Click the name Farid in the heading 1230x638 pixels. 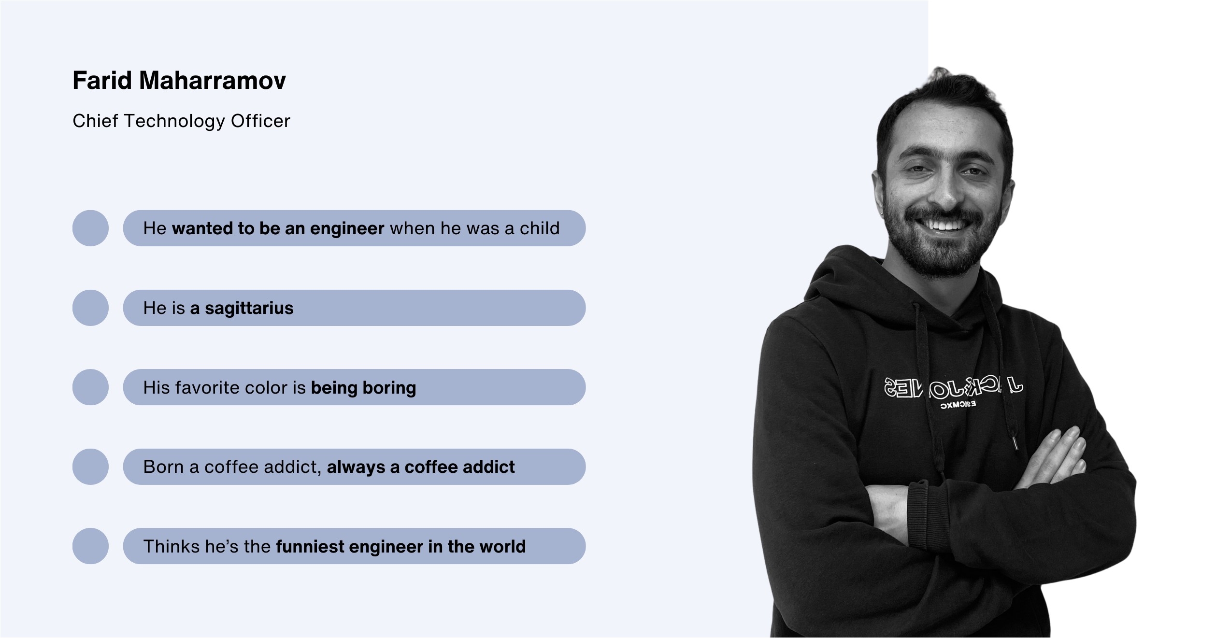click(102, 80)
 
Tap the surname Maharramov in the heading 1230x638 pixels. click(213, 80)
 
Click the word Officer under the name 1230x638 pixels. click(260, 121)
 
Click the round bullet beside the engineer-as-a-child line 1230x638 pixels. click(90, 228)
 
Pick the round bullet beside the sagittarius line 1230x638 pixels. click(90, 308)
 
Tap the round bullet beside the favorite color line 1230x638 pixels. click(90, 387)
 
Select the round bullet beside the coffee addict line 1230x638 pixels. click(90, 467)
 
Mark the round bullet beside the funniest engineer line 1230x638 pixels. click(90, 546)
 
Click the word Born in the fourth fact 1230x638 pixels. click(163, 467)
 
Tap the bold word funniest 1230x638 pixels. click(310, 546)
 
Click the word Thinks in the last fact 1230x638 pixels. click(172, 546)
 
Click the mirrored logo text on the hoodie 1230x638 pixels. click(954, 389)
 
